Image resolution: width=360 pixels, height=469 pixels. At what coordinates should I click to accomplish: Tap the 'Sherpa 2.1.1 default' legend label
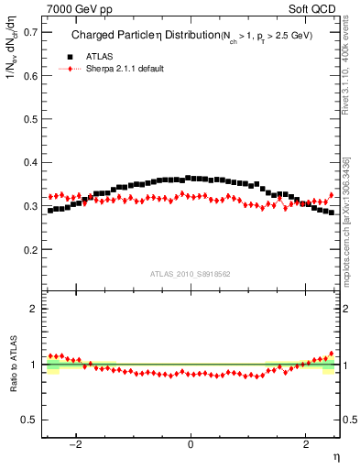point(125,69)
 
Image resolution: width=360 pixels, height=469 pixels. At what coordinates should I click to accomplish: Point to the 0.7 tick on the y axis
point(29,32)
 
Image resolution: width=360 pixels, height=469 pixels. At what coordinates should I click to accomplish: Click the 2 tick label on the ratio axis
point(34,309)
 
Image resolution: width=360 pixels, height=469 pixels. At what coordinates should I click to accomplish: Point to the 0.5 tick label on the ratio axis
point(29,420)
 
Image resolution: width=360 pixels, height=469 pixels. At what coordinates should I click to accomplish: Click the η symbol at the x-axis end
point(336,456)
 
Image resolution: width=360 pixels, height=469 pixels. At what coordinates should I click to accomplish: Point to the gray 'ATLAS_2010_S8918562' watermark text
point(191,274)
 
